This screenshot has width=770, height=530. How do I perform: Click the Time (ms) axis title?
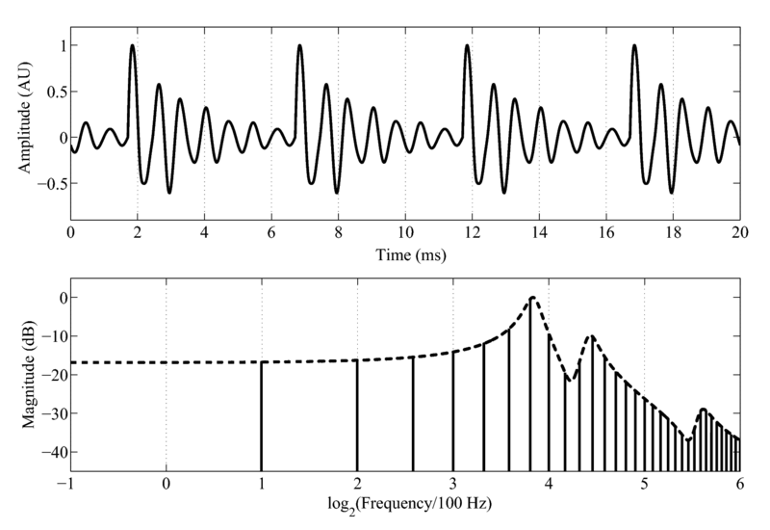404,257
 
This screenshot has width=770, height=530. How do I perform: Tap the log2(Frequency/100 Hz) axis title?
404,505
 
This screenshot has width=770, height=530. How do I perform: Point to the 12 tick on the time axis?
472,234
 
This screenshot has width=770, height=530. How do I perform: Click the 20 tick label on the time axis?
739,234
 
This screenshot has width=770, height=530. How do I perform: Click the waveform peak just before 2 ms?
133,45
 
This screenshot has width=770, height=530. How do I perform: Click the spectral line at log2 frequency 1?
261,414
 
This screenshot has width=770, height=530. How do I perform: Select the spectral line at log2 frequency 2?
357,414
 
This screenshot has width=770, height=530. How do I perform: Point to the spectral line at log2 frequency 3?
452,410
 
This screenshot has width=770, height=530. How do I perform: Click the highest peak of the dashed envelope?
530,298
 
